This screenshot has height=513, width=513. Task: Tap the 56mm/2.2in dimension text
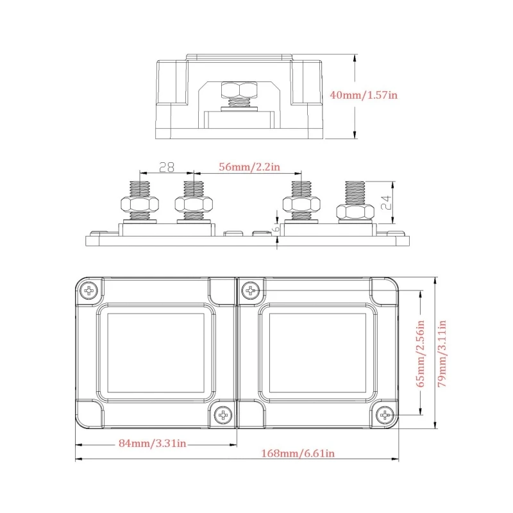tap(249, 167)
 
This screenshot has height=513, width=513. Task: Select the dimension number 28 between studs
tap(167, 167)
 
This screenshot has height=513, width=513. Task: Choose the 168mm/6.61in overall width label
tap(299, 453)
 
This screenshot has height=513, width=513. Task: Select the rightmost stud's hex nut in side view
tap(353, 212)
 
